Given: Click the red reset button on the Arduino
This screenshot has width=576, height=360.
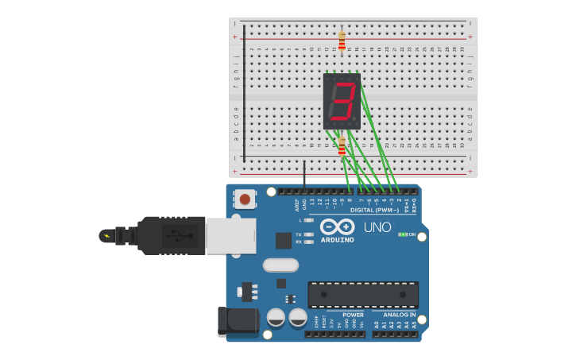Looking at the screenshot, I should click(245, 199).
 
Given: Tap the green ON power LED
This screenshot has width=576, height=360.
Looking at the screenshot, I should click(403, 234).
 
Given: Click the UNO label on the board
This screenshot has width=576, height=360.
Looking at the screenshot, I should click(377, 227).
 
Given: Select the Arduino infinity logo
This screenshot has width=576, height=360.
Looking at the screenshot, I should click(337, 226).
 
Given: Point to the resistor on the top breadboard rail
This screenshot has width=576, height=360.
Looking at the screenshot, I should click(342, 40).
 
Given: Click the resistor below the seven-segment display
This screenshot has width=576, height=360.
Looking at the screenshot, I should click(342, 146).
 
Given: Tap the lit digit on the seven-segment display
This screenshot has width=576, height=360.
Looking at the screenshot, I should click(342, 102).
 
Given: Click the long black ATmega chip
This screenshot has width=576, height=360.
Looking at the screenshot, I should click(363, 294).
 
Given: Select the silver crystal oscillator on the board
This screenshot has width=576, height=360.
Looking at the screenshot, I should click(280, 265).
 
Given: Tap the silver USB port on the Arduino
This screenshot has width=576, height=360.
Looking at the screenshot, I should click(230, 236).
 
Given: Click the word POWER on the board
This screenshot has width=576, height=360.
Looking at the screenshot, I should click(353, 315).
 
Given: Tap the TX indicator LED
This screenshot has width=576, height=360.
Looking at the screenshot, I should click(308, 234).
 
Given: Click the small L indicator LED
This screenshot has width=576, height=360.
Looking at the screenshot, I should click(308, 220).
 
